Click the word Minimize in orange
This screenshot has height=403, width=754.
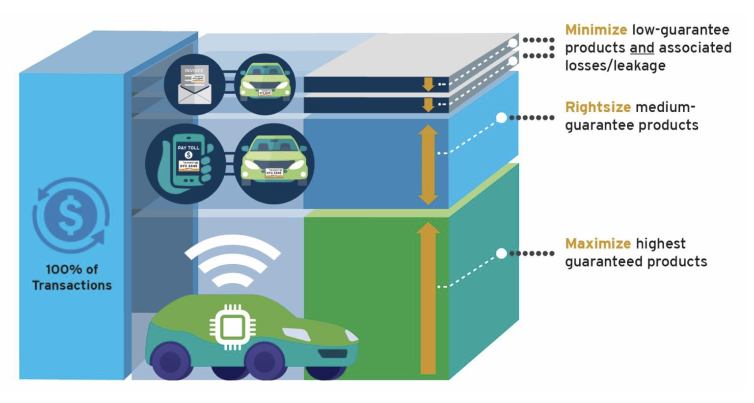[595, 30]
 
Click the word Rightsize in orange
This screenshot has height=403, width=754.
[597, 107]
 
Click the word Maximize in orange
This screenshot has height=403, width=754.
[597, 244]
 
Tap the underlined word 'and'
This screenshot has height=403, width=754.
[642, 48]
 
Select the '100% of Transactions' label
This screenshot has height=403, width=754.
[72, 277]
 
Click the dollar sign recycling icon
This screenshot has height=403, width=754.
[71, 215]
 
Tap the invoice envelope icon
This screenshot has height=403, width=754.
[194, 84]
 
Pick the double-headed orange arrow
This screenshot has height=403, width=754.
[428, 165]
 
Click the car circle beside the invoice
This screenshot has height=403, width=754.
[265, 84]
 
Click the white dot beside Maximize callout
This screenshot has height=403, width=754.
[501, 253]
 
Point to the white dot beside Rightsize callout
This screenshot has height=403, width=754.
[501, 118]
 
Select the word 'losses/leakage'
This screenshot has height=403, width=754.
[615, 66]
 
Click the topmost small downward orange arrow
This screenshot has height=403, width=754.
[428, 84]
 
